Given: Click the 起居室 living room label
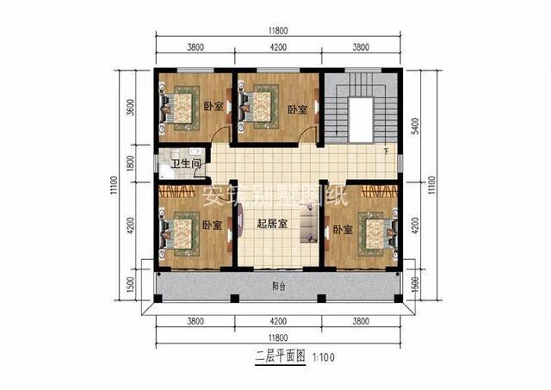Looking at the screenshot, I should (272, 223).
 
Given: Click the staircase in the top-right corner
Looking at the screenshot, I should (360, 112).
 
